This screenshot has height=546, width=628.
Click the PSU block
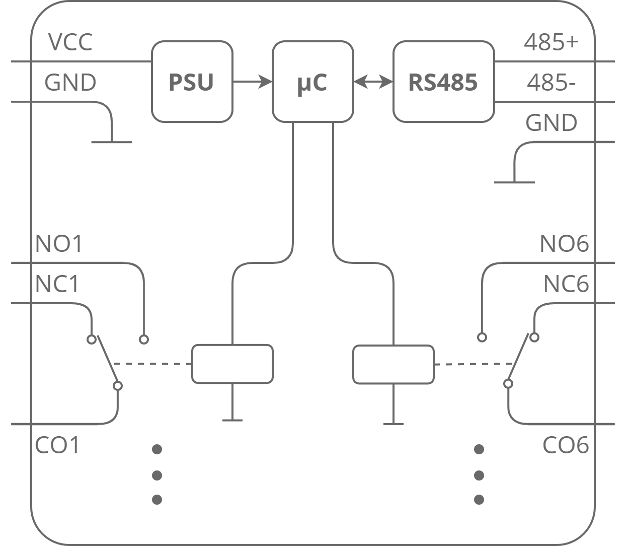[192, 82]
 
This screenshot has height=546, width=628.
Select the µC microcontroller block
[312, 82]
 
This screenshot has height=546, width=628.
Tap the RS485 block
[443, 82]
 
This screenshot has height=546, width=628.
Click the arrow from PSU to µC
[252, 81]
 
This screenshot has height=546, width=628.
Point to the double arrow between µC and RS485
[373, 81]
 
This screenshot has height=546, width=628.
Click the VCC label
[70, 42]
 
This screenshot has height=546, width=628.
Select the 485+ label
[552, 42]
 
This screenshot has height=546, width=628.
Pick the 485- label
[552, 83]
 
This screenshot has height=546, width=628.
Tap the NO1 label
[59, 244]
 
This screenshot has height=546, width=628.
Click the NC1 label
[58, 285]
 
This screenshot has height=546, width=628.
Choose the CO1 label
[58, 446]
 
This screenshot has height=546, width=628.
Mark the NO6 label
[564, 244]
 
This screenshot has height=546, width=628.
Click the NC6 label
[566, 285]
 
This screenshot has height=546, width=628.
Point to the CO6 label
[566, 446]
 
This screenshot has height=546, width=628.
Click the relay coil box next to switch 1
[232, 364]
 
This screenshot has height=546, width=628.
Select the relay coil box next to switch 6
[393, 364]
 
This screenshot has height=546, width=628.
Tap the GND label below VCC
[70, 83]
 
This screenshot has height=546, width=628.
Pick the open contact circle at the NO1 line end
[144, 339]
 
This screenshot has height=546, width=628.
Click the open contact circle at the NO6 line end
[482, 337]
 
